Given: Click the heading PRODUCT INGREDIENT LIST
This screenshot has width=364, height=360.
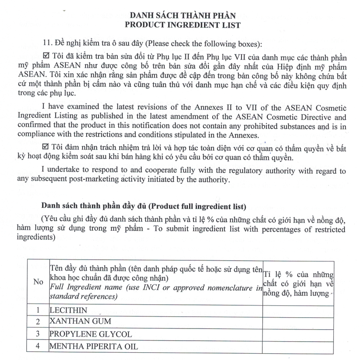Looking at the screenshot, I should click(x=182, y=25).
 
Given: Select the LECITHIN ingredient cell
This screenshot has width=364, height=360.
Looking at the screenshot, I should click(x=68, y=311).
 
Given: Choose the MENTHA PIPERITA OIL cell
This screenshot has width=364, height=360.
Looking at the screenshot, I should click(x=93, y=346).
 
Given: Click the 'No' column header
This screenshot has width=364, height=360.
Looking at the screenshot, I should click(x=38, y=282).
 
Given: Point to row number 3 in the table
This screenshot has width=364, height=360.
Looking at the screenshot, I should click(x=38, y=334).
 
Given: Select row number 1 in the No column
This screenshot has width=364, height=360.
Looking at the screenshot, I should click(x=38, y=311).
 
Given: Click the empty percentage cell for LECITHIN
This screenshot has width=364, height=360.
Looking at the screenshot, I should click(x=298, y=311).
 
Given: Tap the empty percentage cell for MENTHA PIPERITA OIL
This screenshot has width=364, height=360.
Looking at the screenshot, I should click(x=298, y=346).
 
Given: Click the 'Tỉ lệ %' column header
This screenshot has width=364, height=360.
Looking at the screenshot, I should click(x=298, y=282).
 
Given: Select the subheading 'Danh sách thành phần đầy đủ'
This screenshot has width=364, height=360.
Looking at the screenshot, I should click(x=93, y=206).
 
